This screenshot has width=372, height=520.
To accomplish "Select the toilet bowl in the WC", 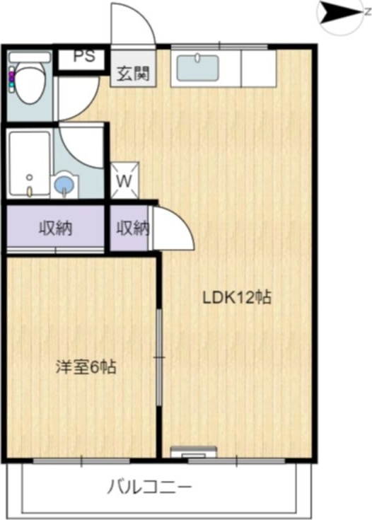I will (x=30, y=86).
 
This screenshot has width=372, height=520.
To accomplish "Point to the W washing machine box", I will (x=124, y=180).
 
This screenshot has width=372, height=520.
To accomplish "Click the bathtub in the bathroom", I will (x=29, y=163).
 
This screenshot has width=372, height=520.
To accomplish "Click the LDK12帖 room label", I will (x=236, y=297).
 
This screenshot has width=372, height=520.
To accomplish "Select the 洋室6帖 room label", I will (x=86, y=367).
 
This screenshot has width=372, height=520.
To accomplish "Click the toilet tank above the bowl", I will (x=30, y=57).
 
